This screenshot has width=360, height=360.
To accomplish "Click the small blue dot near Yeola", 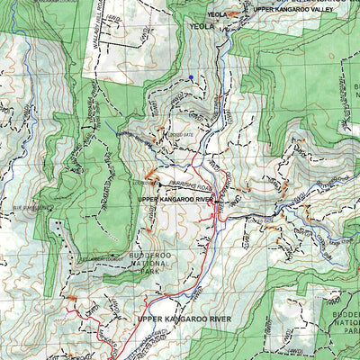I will (x=191, y=78).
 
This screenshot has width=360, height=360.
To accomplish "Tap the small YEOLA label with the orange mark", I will (x=217, y=14).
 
